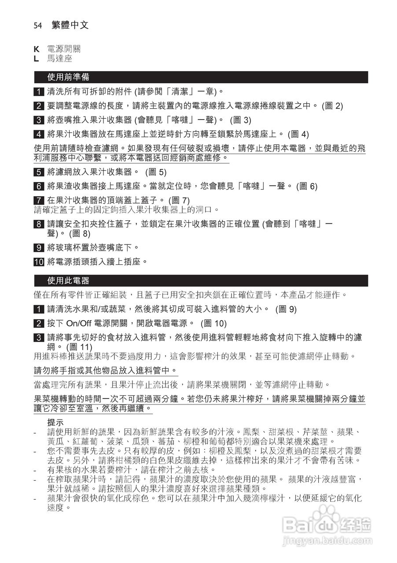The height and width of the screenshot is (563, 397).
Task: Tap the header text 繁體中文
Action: tap(70, 26)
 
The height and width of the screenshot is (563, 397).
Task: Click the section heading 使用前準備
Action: tap(68, 77)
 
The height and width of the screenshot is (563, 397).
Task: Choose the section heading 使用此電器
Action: tap(68, 281)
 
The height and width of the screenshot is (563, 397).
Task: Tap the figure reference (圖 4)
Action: tap(298, 134)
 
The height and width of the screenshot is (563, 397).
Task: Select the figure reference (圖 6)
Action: tap(307, 186)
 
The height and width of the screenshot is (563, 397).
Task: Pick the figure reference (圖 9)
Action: tap(286, 309)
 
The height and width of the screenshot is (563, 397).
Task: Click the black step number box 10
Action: tap(39, 262)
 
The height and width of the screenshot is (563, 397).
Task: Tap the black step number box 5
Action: tap(39, 172)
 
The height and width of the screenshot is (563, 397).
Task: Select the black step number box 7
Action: tap(39, 200)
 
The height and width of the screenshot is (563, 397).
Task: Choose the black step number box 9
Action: tap(39, 248)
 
